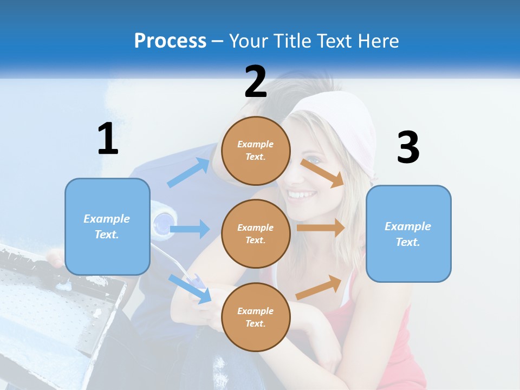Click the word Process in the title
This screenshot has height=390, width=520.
click(x=170, y=41)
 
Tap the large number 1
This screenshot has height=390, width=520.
click(x=108, y=139)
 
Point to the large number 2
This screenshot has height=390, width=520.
click(x=256, y=82)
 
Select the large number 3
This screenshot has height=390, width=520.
click(x=408, y=147)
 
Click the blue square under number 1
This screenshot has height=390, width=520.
click(x=107, y=226)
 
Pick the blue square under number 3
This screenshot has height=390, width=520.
click(x=408, y=233)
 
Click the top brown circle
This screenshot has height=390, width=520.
click(x=256, y=151)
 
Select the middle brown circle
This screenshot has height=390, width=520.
click(x=256, y=233)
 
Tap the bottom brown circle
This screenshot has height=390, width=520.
click(x=256, y=317)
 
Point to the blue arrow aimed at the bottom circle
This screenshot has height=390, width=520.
click(x=190, y=288)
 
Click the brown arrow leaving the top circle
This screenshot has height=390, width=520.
click(x=322, y=173)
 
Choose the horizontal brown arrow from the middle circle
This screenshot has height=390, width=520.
click(x=320, y=227)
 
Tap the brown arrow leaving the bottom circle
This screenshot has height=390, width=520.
click(x=319, y=288)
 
